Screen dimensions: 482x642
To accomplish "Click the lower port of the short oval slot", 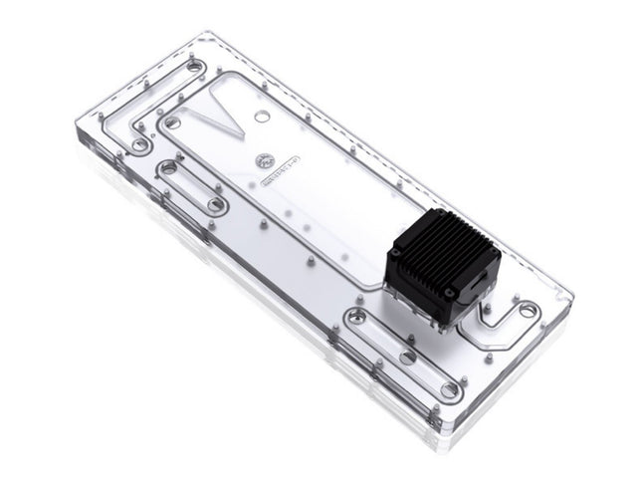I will (x=215, y=205).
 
